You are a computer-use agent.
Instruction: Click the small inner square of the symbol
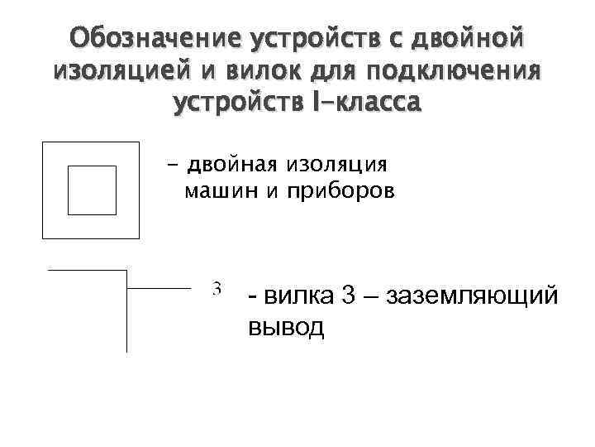(x=91, y=190)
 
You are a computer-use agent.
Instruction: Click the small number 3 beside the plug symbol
(x=217, y=289)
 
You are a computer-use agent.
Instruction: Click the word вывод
(x=286, y=327)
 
